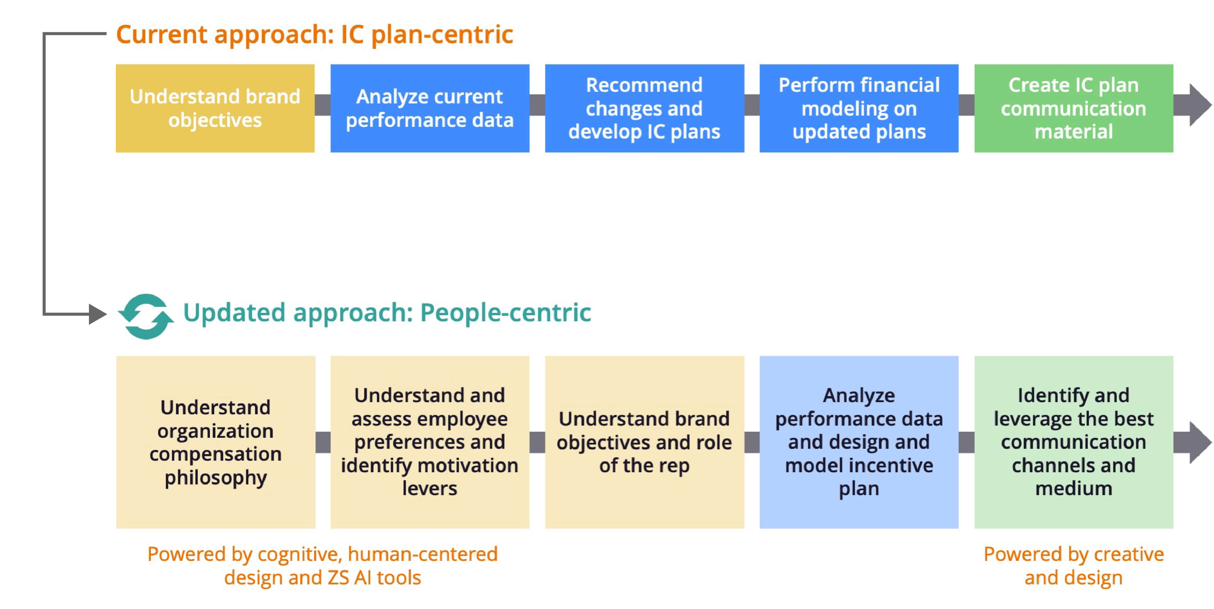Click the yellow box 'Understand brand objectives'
215,108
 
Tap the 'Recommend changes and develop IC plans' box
644,108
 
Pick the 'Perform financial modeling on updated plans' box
859,108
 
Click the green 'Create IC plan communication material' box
1074,108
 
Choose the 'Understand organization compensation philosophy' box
215,442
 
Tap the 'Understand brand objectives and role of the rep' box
644,442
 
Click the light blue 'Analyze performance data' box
859,442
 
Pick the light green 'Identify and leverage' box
1074,442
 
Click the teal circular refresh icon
146,316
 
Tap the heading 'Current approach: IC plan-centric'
314,34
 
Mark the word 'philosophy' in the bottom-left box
215,478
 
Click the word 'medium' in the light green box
1074,488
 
